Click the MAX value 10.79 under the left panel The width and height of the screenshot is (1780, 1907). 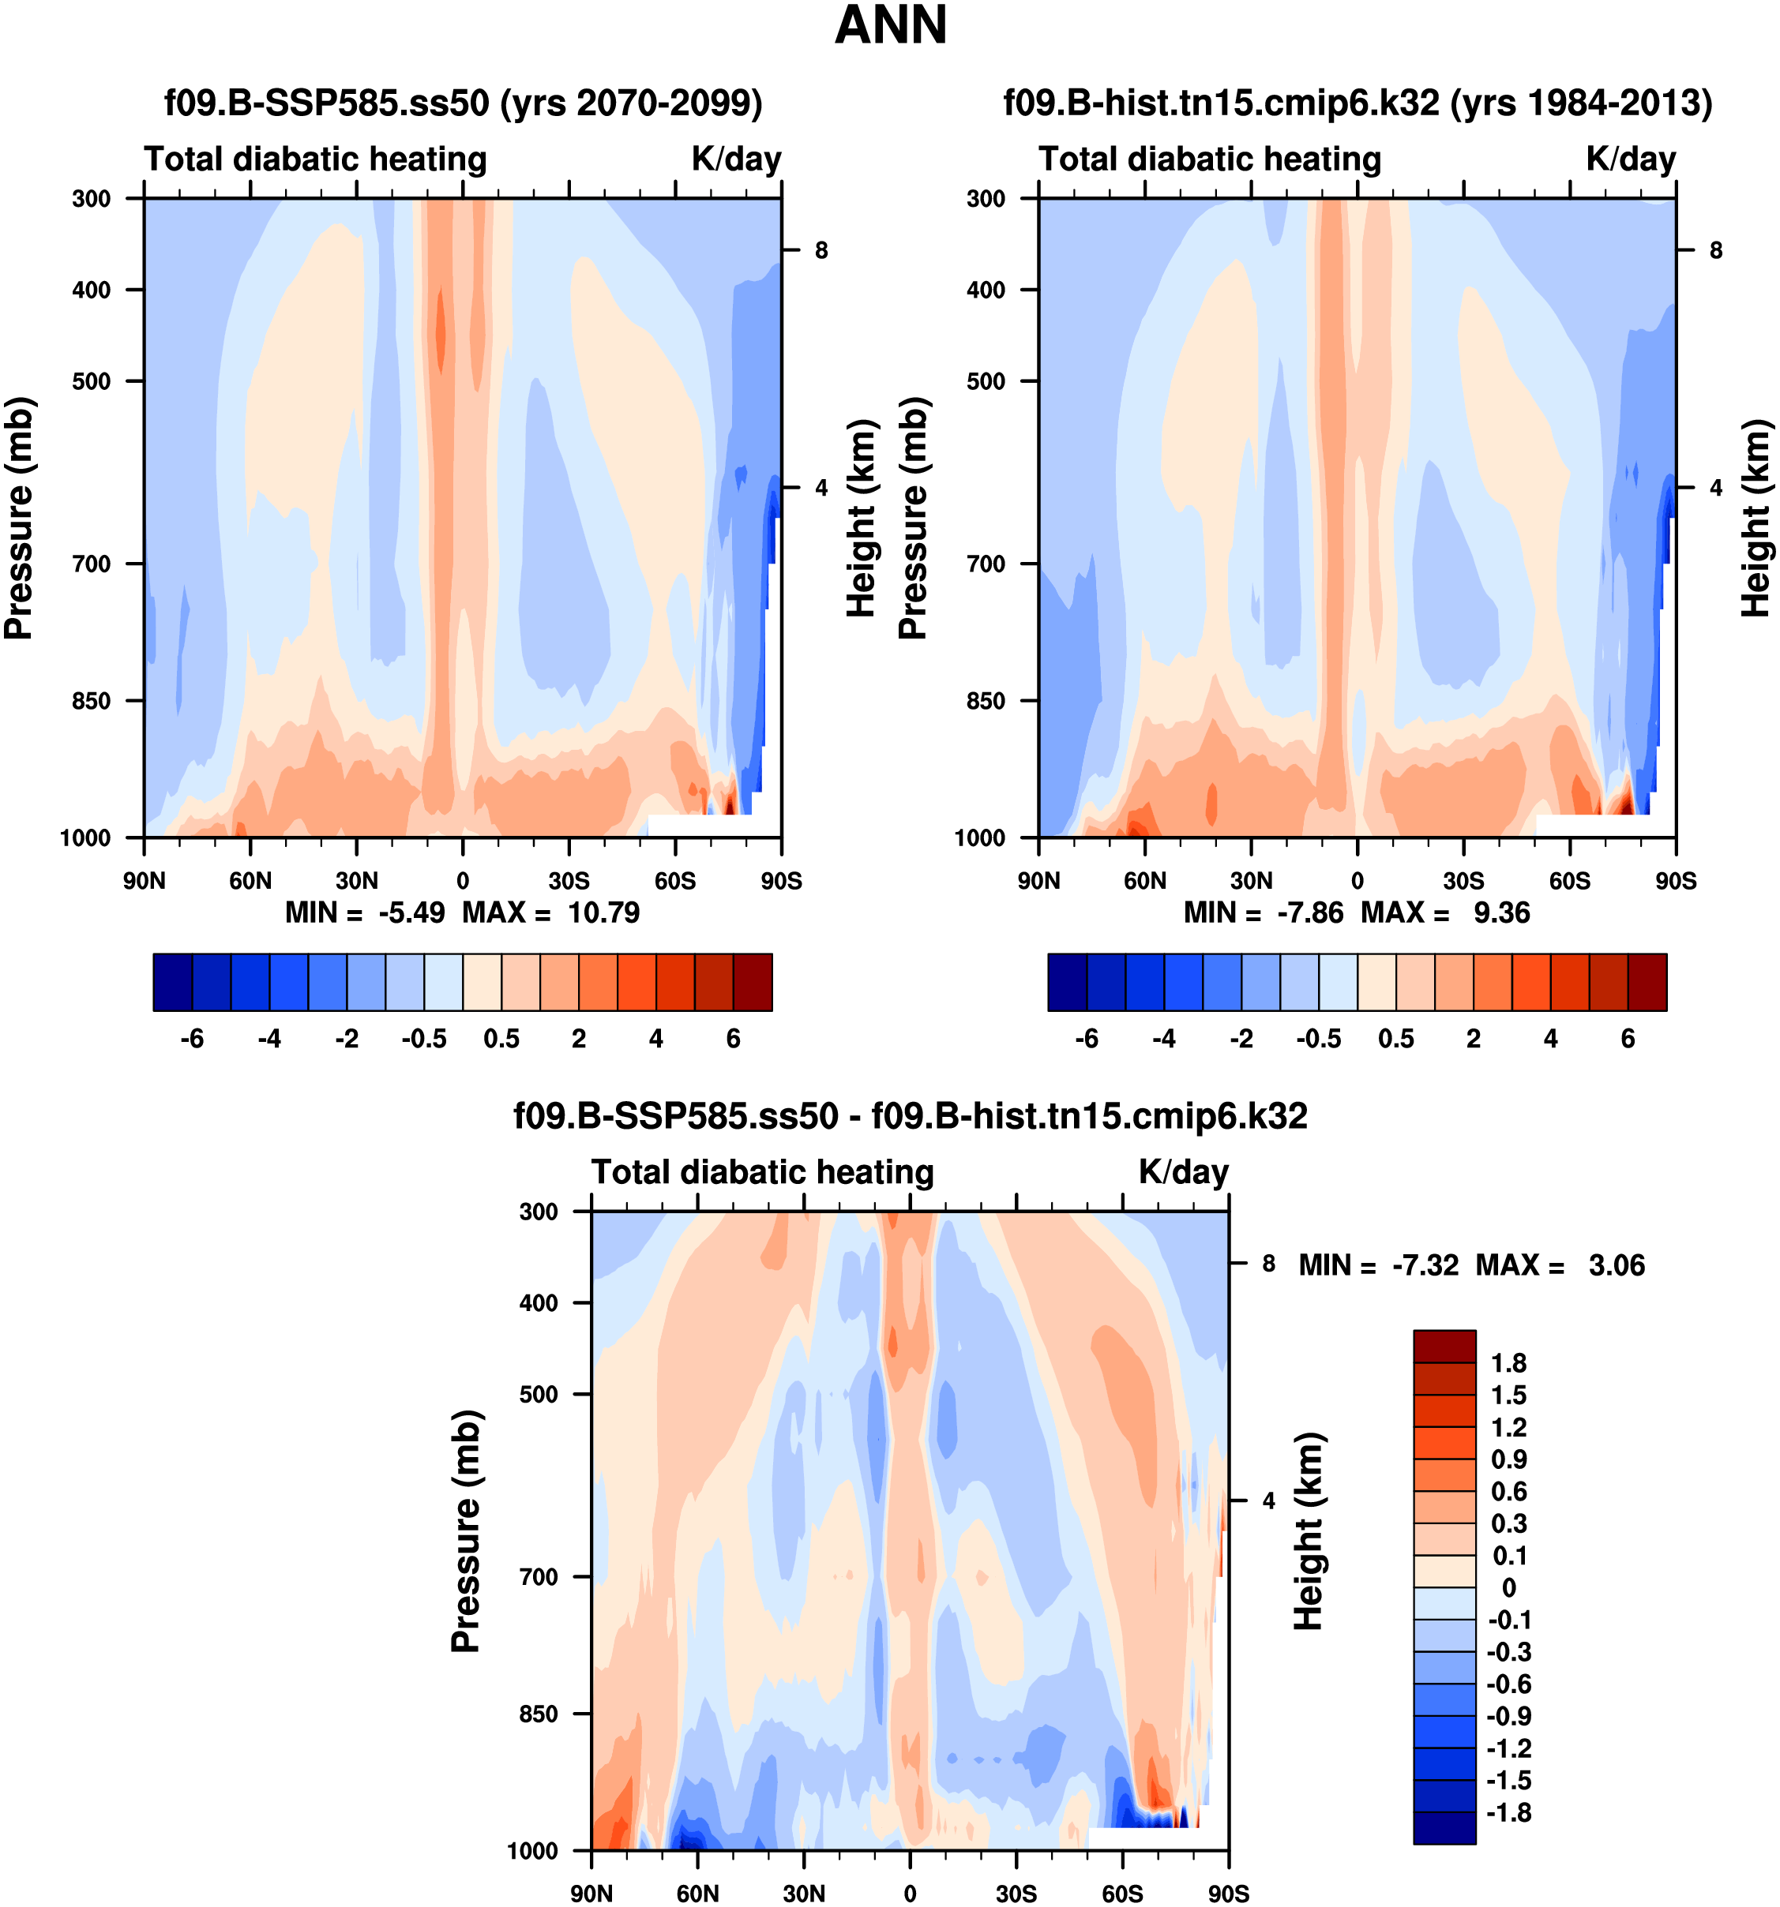(x=603, y=912)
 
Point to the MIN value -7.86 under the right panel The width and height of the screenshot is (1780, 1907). (x=1310, y=912)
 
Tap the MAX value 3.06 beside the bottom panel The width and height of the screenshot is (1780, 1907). (x=1617, y=1265)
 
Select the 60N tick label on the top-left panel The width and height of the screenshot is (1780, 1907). (x=250, y=881)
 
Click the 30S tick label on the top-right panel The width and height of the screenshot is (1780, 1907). (x=1463, y=881)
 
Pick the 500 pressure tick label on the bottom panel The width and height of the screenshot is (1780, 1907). (x=539, y=1394)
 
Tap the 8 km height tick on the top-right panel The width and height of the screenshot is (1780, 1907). (x=1717, y=250)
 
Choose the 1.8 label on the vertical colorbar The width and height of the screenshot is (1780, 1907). (x=1508, y=1363)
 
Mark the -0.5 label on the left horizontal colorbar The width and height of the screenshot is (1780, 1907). (x=424, y=1039)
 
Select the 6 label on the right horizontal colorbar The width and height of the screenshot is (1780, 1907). (x=1628, y=1039)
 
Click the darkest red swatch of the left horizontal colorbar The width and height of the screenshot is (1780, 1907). (x=753, y=982)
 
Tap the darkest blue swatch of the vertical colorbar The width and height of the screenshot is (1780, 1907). (x=1444, y=1827)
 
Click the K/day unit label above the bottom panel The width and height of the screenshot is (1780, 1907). (x=1183, y=1172)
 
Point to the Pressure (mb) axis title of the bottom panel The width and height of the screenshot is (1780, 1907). (x=465, y=1531)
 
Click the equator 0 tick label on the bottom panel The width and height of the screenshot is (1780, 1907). (x=910, y=1894)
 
